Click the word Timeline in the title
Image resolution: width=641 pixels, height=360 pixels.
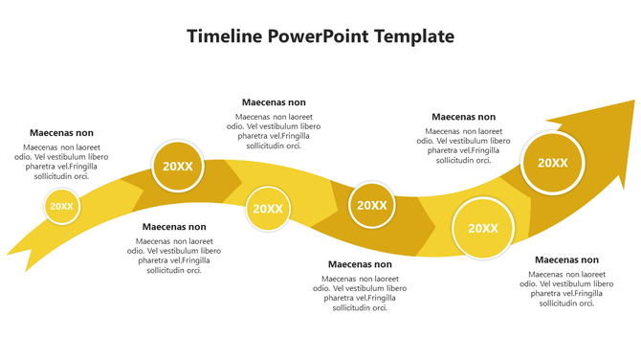tap(224, 37)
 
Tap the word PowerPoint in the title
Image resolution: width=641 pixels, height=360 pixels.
tap(310, 37)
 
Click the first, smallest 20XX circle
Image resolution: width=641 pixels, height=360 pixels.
tap(62, 206)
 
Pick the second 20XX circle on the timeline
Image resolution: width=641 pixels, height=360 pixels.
tap(178, 167)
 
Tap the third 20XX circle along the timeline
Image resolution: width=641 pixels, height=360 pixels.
tap(268, 209)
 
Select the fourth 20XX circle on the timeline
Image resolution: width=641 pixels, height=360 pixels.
tap(372, 205)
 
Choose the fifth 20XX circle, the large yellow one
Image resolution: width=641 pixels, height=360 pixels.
tap(483, 228)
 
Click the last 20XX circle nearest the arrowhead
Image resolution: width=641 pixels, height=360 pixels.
tap(553, 163)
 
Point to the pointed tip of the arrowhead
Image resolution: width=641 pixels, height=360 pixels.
tap(632, 101)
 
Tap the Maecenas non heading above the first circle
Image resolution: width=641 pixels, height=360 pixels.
tap(61, 133)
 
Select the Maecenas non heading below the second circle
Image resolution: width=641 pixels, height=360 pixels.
tap(174, 227)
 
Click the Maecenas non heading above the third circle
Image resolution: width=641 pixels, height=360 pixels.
tap(274, 102)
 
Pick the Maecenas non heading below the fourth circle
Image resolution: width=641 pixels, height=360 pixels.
tap(360, 264)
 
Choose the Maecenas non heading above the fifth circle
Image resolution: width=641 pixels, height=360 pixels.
tap(463, 117)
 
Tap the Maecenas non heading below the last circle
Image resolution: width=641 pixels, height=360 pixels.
tap(566, 259)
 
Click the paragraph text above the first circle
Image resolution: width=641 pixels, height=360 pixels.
tap(61, 162)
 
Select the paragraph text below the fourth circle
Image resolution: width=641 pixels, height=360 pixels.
tap(360, 293)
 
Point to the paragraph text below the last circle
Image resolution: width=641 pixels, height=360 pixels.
tap(566, 288)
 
